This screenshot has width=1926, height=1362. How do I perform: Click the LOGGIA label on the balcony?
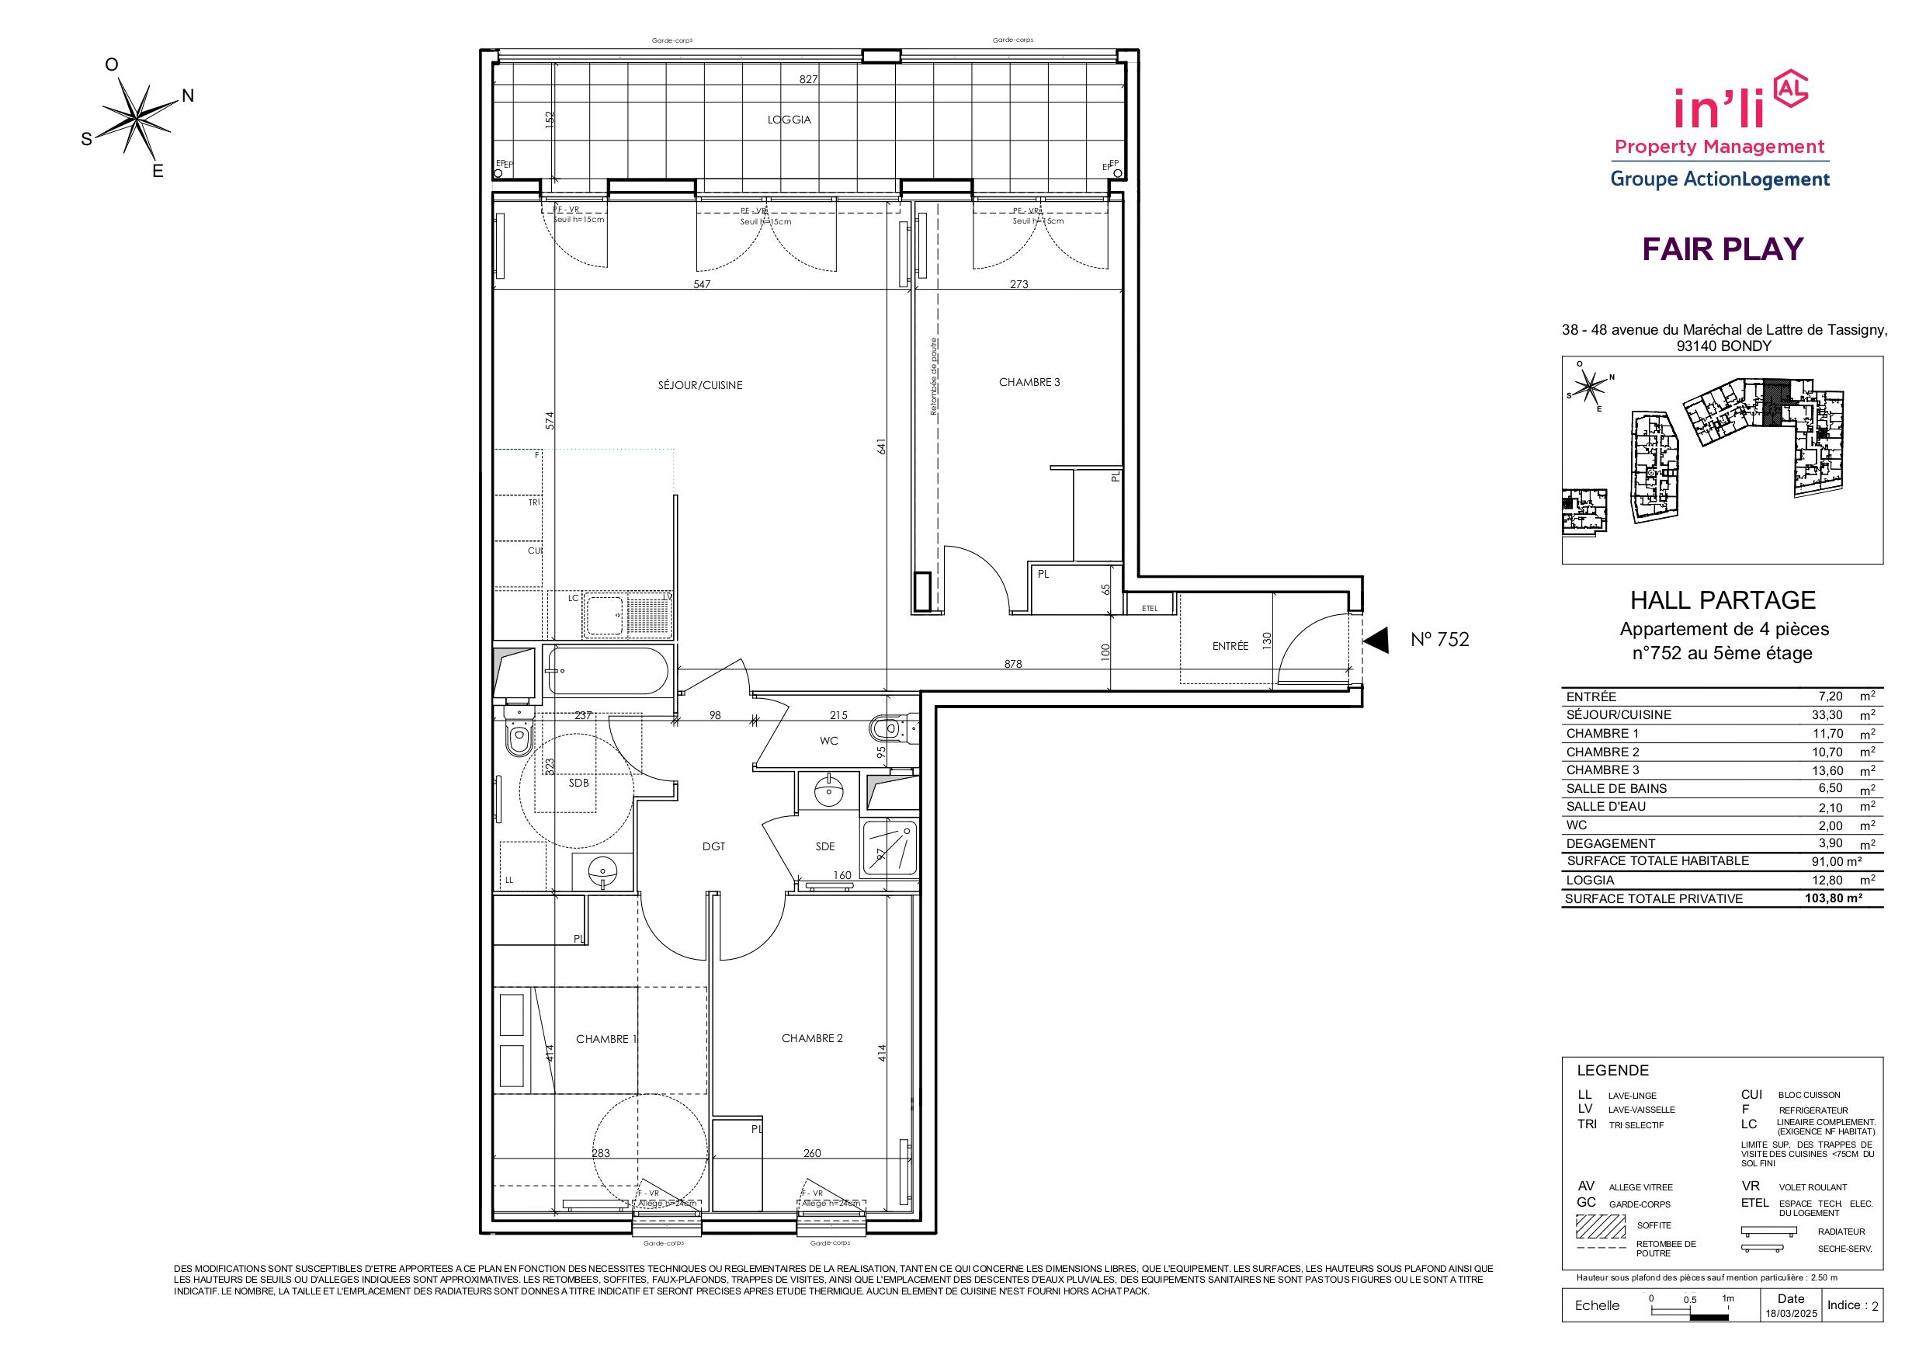(x=789, y=120)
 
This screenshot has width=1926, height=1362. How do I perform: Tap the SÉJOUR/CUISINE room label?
(x=699, y=385)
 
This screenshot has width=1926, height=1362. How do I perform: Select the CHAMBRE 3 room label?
(x=1029, y=382)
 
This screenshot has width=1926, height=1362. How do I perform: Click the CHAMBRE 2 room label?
(x=811, y=1038)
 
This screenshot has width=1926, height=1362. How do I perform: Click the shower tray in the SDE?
(x=891, y=849)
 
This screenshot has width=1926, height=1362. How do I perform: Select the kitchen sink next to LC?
(x=605, y=615)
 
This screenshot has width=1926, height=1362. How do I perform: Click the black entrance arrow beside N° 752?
(x=1376, y=641)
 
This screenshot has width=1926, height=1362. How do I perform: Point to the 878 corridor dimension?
(x=1012, y=664)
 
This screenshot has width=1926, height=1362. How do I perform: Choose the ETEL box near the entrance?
(x=1149, y=607)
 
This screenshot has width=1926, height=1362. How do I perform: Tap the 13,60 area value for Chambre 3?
(x=1826, y=770)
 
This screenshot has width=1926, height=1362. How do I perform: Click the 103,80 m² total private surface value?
(x=1834, y=898)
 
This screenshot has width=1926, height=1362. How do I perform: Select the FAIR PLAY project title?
(x=1722, y=249)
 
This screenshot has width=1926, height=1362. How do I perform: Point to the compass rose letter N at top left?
(x=188, y=96)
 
